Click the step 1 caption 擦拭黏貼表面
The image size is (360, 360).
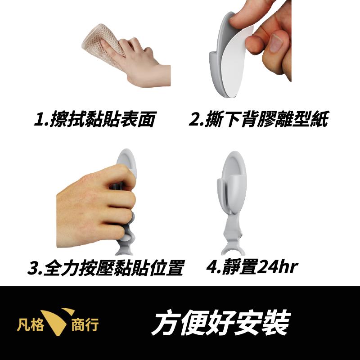click(95, 120)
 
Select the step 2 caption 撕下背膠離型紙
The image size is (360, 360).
click(258, 120)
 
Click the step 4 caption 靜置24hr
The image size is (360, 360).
click(252, 267)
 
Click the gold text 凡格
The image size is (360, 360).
click(31, 324)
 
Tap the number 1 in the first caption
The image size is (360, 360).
click(40, 120)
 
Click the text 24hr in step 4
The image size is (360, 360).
click(279, 267)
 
